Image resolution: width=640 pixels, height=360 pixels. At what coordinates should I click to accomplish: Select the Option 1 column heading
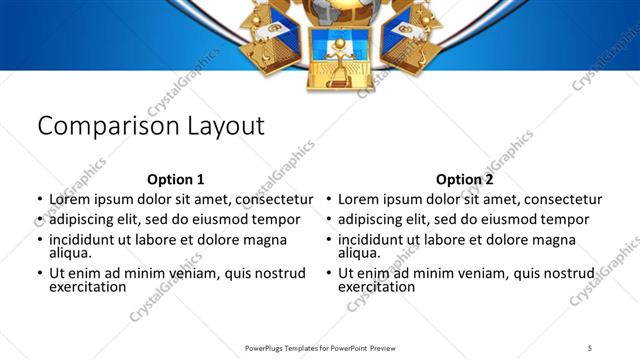(175, 180)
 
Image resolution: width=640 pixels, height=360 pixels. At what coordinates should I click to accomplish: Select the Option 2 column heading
(464, 180)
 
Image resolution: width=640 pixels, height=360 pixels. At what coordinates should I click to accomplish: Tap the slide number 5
(590, 348)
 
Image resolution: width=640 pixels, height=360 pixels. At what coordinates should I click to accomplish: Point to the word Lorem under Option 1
(71, 199)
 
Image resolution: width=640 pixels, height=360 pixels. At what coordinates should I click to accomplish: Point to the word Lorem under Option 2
(360, 199)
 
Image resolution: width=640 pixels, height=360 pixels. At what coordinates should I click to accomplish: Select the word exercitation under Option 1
(88, 287)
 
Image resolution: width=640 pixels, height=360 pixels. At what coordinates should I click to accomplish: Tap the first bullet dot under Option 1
(39, 200)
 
